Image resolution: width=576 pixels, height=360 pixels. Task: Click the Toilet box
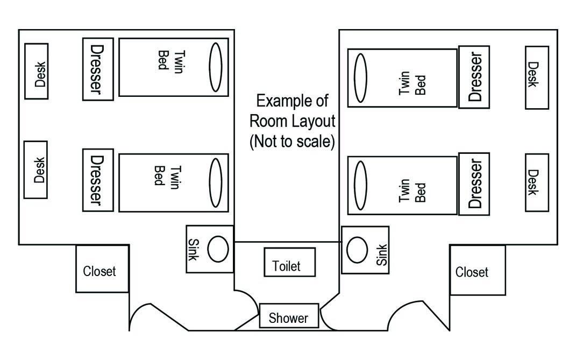click(289, 262)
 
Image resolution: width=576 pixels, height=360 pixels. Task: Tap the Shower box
click(289, 315)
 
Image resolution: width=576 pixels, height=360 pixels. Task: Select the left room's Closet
click(103, 269)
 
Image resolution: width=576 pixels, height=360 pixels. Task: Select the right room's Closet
click(478, 270)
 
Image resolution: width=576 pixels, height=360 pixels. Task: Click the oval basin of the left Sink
click(218, 249)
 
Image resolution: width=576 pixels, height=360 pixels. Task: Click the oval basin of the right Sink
click(357, 250)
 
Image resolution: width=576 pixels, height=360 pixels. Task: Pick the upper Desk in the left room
click(37, 72)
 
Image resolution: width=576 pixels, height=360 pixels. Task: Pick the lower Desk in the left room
click(35, 170)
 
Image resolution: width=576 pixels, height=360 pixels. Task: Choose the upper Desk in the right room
click(537, 77)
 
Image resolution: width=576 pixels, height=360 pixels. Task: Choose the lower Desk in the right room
click(537, 182)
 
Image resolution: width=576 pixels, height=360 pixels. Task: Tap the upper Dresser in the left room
click(98, 69)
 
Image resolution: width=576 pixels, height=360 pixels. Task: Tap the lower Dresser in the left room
click(98, 180)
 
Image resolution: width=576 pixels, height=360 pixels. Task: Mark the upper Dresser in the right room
click(474, 77)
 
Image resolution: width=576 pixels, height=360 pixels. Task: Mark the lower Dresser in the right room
click(474, 184)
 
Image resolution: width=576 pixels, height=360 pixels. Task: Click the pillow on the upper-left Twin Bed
click(216, 67)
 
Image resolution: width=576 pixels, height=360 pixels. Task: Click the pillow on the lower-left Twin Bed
click(216, 183)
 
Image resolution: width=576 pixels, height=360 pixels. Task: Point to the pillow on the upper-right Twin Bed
click(360, 78)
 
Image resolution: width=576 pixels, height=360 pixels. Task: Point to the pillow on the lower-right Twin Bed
click(360, 185)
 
